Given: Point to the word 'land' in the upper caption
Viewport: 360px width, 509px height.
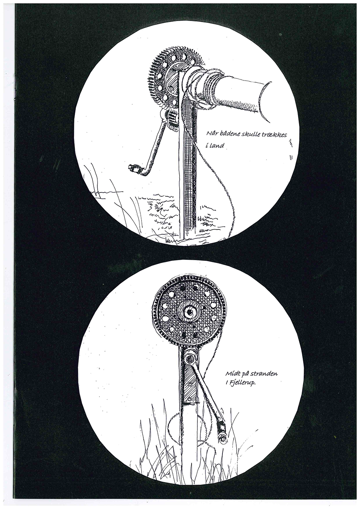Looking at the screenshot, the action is point(216,145).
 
